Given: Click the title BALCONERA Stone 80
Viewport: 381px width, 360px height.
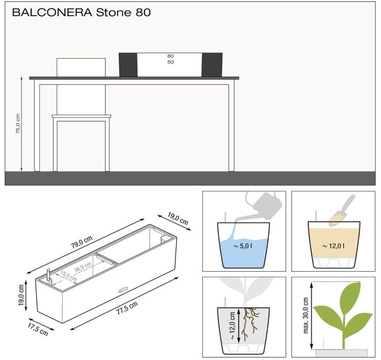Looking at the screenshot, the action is coord(81,12).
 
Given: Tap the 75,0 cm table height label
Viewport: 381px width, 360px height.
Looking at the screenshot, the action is coord(18,123).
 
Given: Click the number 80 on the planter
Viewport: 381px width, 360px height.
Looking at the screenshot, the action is coord(171,56).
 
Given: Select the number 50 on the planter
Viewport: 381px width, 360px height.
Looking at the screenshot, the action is coord(171,62).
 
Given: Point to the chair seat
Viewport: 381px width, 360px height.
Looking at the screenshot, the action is coord(81,116).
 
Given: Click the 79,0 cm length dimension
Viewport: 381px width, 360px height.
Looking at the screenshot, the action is coord(82,242).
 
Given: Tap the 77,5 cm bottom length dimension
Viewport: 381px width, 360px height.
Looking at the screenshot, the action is coord(127,308).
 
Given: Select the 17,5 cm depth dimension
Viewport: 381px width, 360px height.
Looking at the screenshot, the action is coord(38,329).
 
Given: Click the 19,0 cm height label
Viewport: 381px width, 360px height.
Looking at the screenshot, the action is coord(21,295).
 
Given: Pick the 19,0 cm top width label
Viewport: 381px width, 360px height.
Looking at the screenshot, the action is coord(178,219).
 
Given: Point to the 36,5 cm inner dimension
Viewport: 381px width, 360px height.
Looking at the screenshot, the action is coord(83,267).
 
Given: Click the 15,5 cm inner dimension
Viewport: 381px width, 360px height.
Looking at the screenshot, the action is coord(68,276).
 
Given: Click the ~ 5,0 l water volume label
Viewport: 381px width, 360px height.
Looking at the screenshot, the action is coord(243,246).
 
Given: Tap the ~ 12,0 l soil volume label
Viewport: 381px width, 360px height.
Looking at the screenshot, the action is coord(333,246).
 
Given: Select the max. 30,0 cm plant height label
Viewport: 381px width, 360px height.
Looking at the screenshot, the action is coord(305,315).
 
